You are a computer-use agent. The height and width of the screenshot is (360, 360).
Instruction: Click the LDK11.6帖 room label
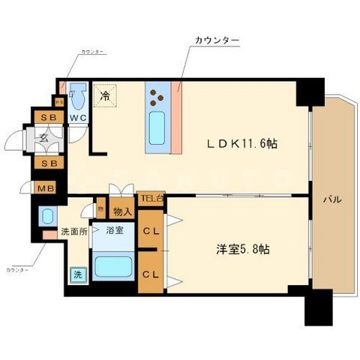click(x=242, y=143)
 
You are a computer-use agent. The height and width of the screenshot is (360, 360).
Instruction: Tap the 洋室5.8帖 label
click(x=241, y=250)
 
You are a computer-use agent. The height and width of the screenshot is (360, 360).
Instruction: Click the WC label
click(x=78, y=118)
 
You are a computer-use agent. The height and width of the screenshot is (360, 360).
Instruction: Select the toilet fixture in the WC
click(x=79, y=97)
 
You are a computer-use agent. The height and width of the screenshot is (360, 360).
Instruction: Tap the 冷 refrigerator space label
click(x=106, y=96)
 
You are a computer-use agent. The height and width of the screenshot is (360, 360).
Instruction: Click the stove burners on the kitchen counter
click(x=157, y=96)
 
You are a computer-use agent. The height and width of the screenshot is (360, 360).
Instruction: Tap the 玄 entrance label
click(x=43, y=139)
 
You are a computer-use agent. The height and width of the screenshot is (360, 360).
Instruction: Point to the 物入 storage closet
click(x=121, y=212)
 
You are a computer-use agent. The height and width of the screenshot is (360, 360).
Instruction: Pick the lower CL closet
click(x=150, y=273)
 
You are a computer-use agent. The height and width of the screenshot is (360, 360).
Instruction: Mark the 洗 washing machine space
click(x=78, y=275)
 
